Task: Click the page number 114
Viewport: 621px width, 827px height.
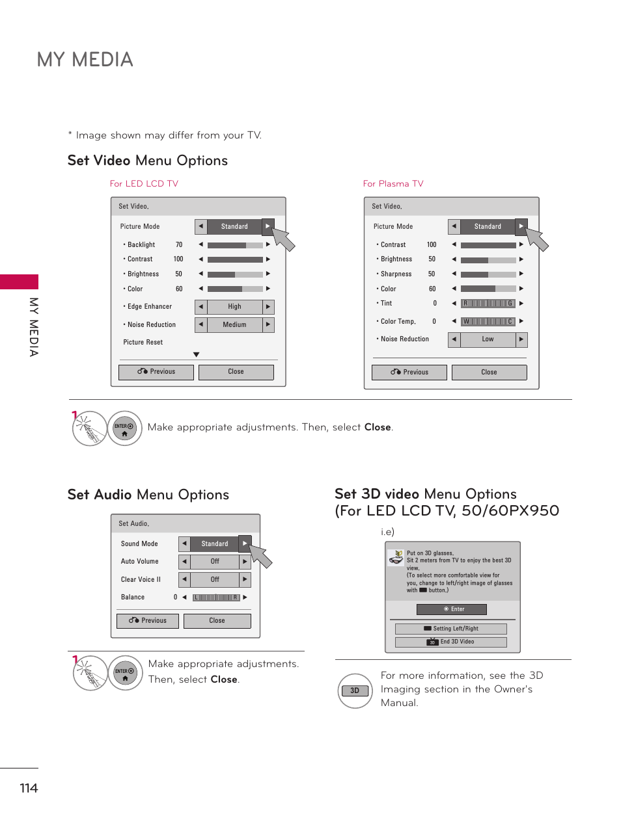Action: (x=29, y=788)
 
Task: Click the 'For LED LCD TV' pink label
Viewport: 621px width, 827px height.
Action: (x=144, y=184)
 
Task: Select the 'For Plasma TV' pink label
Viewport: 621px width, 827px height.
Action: (x=393, y=184)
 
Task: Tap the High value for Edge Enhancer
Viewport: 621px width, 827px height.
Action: (x=234, y=307)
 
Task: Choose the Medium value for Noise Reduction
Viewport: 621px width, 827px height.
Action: (x=234, y=325)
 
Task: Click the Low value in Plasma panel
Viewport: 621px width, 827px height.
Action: (x=488, y=339)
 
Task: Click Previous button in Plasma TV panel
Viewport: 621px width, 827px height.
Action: (x=409, y=373)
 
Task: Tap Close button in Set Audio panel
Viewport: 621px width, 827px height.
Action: (x=217, y=621)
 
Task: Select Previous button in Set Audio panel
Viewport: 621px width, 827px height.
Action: (x=148, y=621)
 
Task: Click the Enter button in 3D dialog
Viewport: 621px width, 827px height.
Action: (x=452, y=609)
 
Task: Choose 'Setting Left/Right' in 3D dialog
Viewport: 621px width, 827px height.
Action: (x=451, y=629)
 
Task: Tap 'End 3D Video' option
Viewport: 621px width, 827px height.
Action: (x=451, y=642)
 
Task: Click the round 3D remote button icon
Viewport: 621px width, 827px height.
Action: (x=355, y=690)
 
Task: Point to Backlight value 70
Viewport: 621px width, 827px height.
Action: (x=179, y=245)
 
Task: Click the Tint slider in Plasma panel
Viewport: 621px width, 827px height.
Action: (x=488, y=304)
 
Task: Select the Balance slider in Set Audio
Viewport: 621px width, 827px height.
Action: (x=217, y=597)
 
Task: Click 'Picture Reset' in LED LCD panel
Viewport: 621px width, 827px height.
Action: (x=143, y=343)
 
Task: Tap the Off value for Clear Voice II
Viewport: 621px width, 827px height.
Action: (x=215, y=579)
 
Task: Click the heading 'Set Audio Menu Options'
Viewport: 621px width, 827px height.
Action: (x=148, y=495)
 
